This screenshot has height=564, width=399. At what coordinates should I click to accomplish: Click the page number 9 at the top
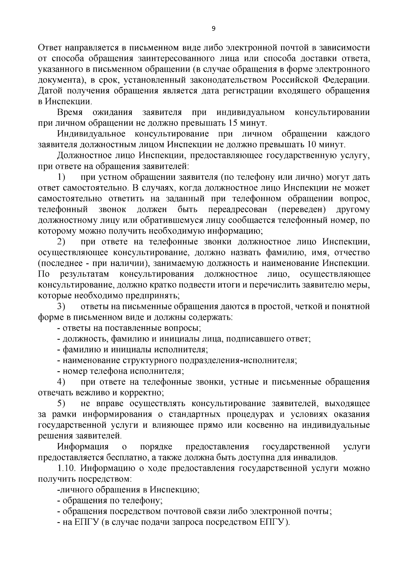[x=213, y=29]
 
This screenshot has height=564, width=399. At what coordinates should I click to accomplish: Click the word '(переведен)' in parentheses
[x=301, y=210]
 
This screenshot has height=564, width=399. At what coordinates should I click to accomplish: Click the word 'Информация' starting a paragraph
[x=83, y=447]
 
